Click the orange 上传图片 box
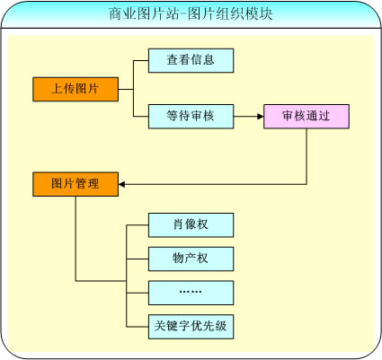pyautogui.click(x=76, y=89)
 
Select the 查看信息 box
pyautogui.click(x=191, y=60)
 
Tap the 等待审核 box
pyautogui.click(x=191, y=117)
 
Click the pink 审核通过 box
pyautogui.click(x=306, y=117)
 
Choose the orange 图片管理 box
pyautogui.click(x=76, y=184)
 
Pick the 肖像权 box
pyautogui.click(x=191, y=225)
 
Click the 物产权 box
pyautogui.click(x=191, y=259)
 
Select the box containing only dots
pyautogui.click(x=191, y=293)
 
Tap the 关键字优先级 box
pyautogui.click(x=191, y=327)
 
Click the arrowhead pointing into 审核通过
pyautogui.click(x=261, y=117)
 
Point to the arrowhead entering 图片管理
pyautogui.click(x=121, y=184)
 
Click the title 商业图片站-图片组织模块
pyautogui.click(x=191, y=13)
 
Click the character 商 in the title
pyautogui.click(x=115, y=13)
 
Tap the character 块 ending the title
pyautogui.click(x=266, y=13)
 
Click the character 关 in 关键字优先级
pyautogui.click(x=160, y=326)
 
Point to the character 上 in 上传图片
pyautogui.click(x=58, y=89)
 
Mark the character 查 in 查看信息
pyautogui.click(x=173, y=60)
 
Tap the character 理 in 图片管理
pyautogui.click(x=93, y=183)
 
